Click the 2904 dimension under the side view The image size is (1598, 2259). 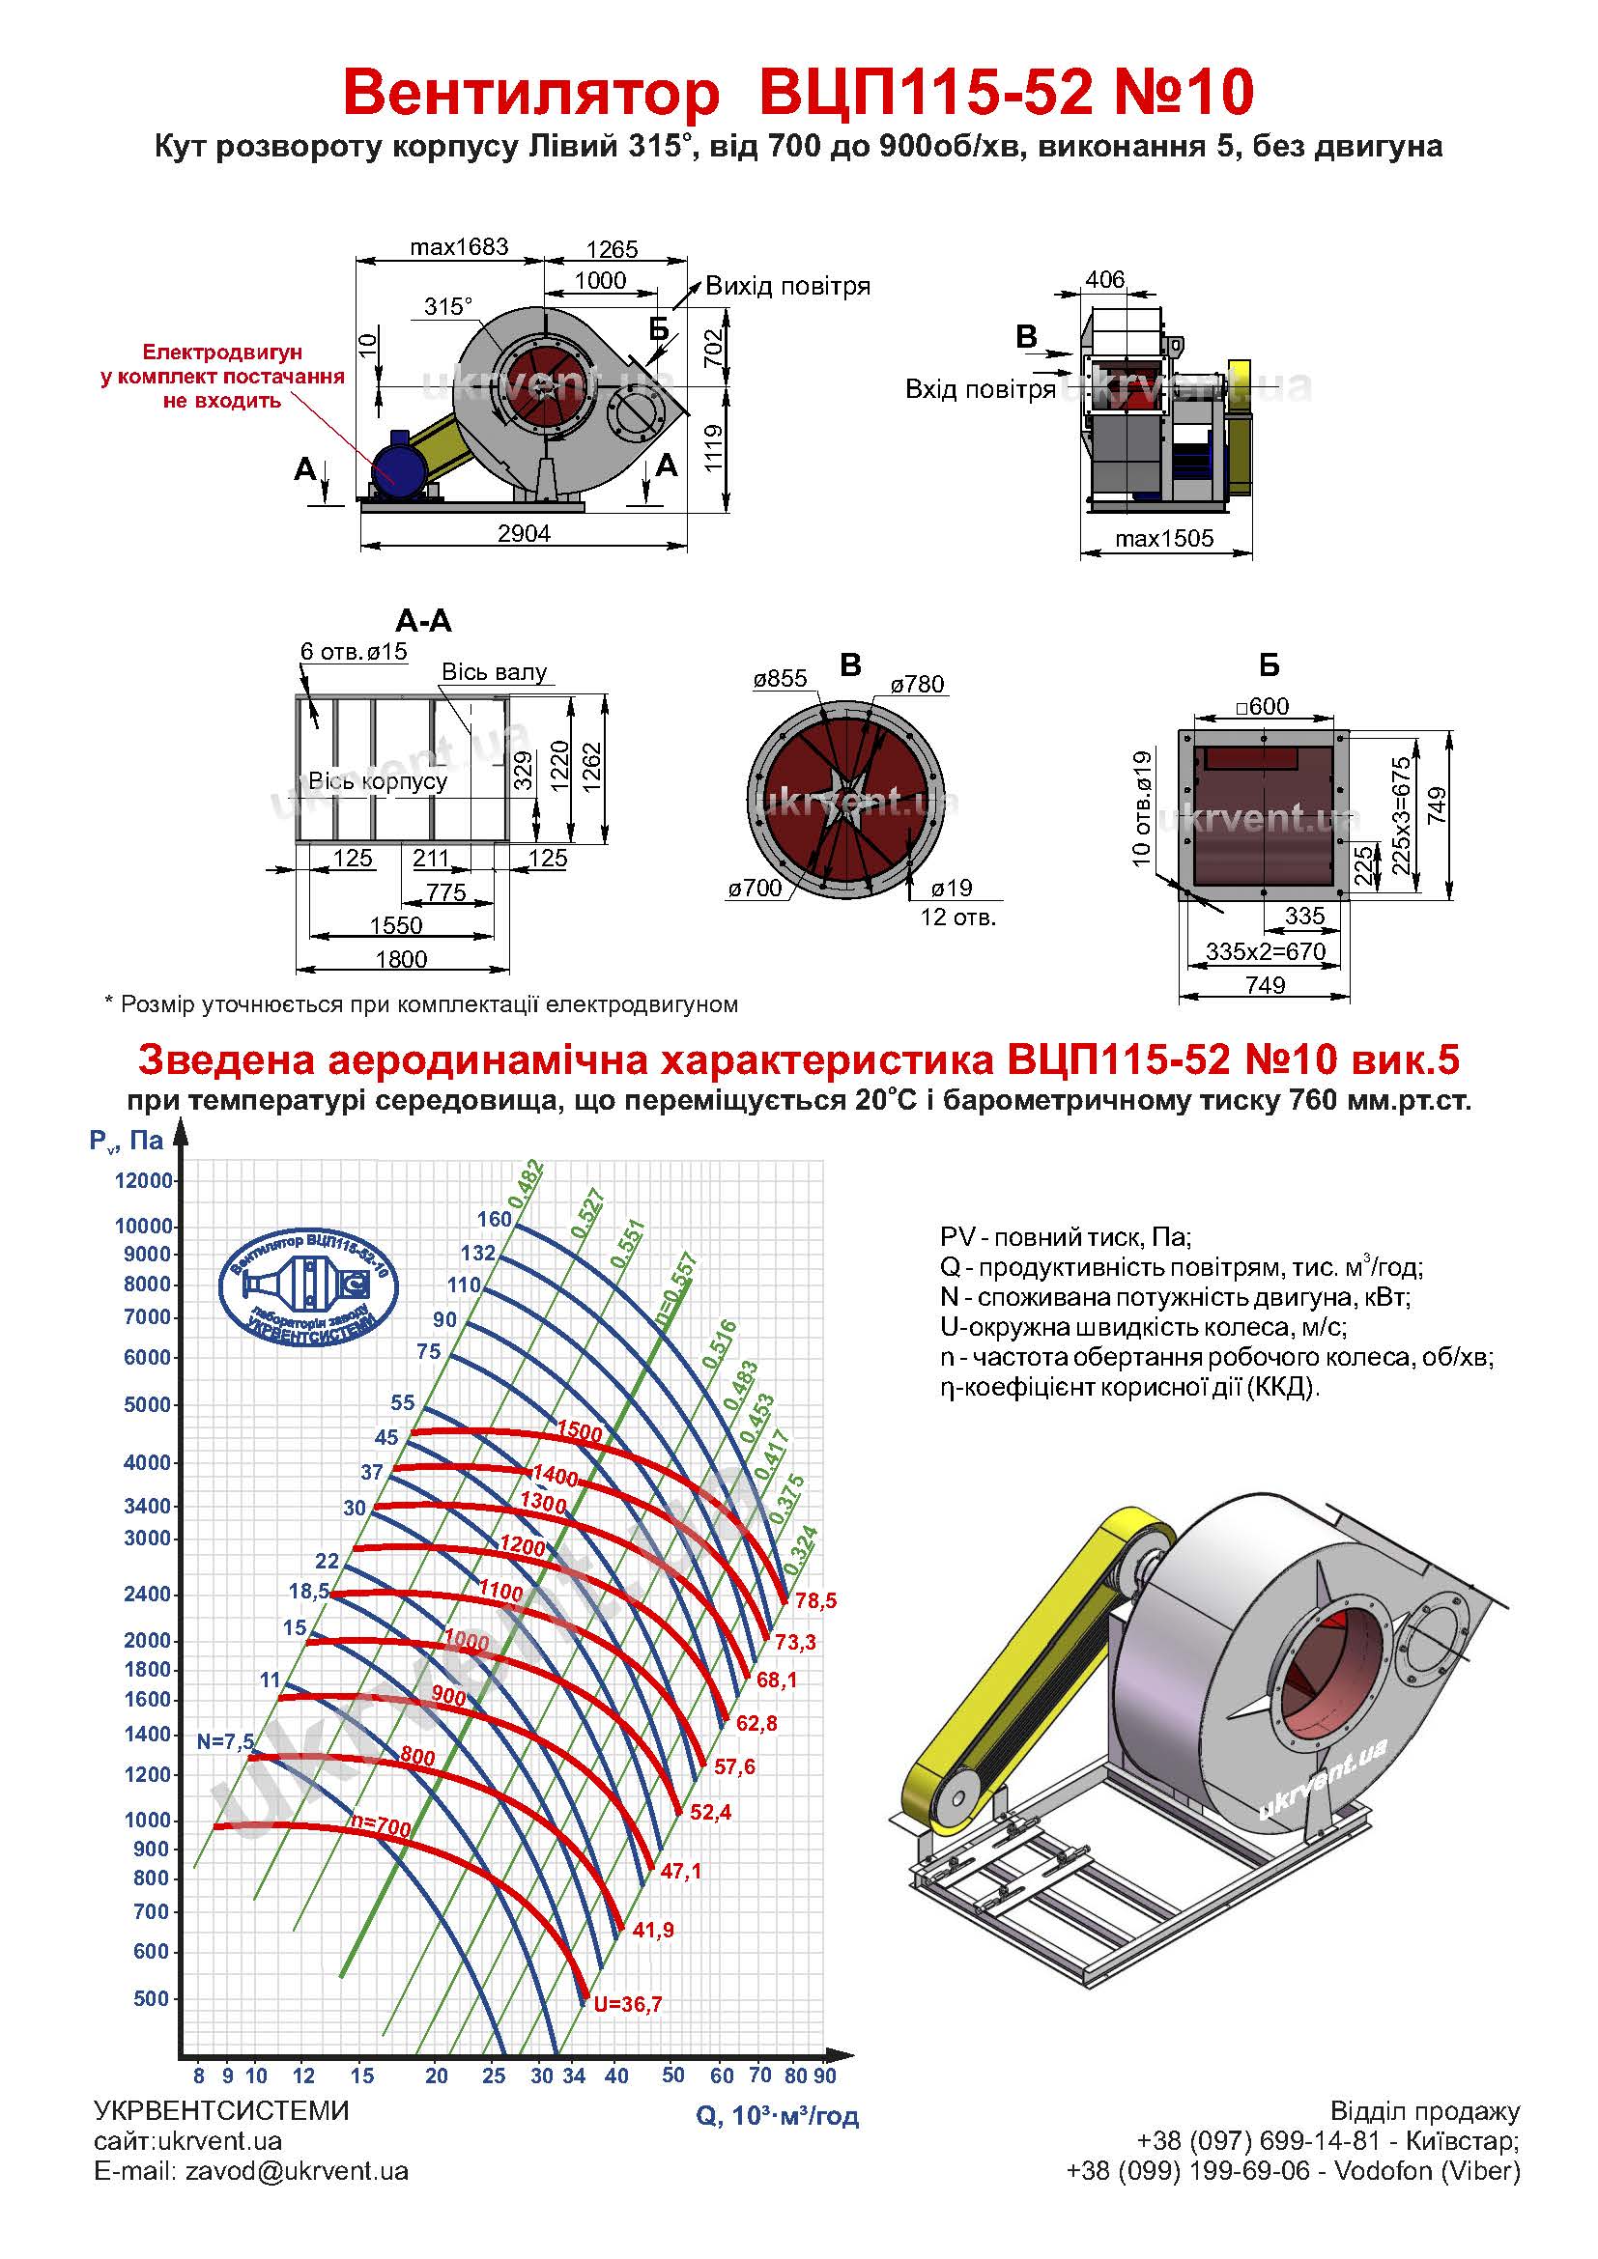(524, 533)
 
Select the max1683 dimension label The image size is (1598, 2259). (460, 246)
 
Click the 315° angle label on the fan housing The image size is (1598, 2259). (447, 307)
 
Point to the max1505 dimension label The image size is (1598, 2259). (1164, 538)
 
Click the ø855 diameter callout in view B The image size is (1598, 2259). (781, 678)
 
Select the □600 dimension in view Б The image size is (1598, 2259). (1263, 705)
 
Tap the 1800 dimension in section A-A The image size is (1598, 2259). (402, 958)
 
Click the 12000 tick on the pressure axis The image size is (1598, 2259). (144, 1179)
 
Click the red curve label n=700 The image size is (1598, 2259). (381, 1827)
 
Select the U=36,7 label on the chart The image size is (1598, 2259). (628, 2003)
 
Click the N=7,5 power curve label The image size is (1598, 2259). (225, 1741)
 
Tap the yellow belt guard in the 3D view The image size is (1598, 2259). (1038, 1673)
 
